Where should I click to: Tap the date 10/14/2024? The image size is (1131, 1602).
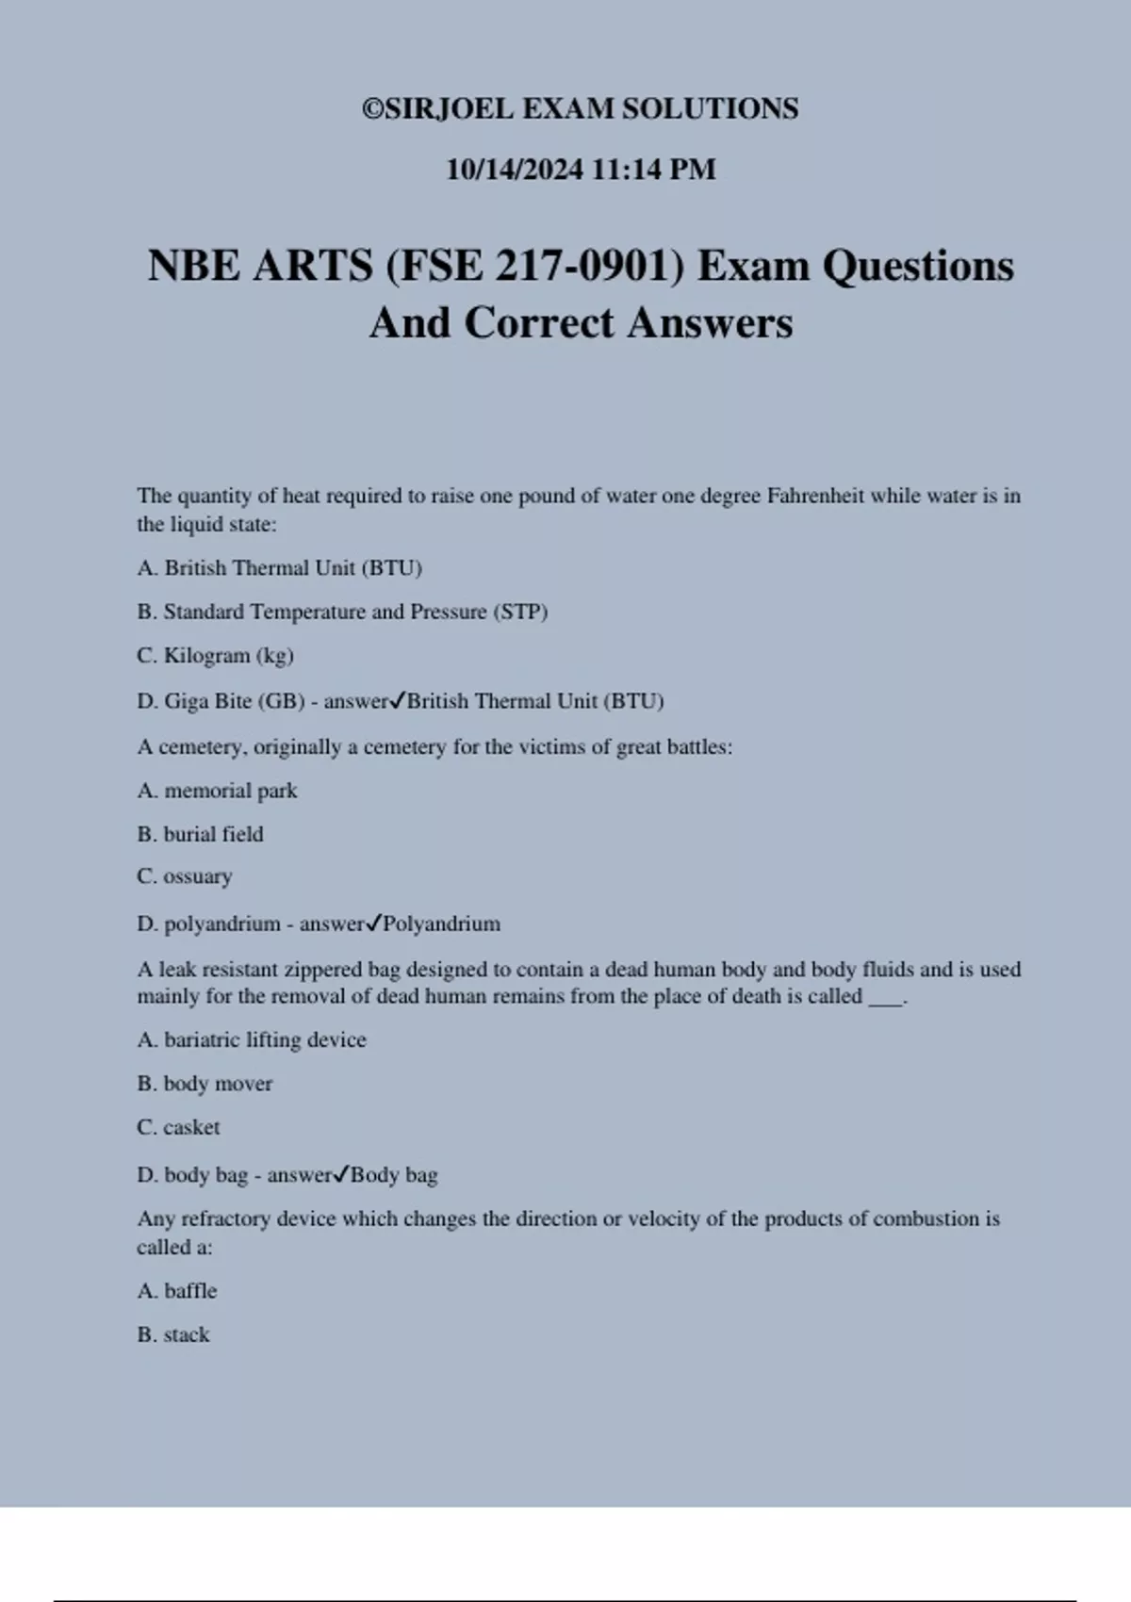click(x=515, y=170)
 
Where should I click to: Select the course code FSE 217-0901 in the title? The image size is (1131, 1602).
click(x=534, y=267)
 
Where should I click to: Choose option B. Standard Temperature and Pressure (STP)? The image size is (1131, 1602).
click(x=342, y=612)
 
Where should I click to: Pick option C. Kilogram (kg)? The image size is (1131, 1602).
click(x=215, y=656)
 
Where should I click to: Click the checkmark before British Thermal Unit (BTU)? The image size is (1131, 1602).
click(x=398, y=700)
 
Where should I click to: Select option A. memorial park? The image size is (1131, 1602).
click(x=217, y=791)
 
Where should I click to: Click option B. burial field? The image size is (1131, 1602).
click(x=200, y=834)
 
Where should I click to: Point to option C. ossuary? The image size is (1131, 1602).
click(x=185, y=876)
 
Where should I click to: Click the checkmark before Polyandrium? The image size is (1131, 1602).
click(x=373, y=923)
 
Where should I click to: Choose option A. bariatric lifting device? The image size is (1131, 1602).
click(x=252, y=1040)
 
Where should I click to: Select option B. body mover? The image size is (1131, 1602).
click(x=205, y=1084)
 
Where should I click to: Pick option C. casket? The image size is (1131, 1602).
click(x=178, y=1127)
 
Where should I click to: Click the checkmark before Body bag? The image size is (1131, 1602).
click(x=341, y=1174)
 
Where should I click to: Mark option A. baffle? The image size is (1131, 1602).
click(x=177, y=1291)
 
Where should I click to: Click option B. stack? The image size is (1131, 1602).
click(x=173, y=1334)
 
